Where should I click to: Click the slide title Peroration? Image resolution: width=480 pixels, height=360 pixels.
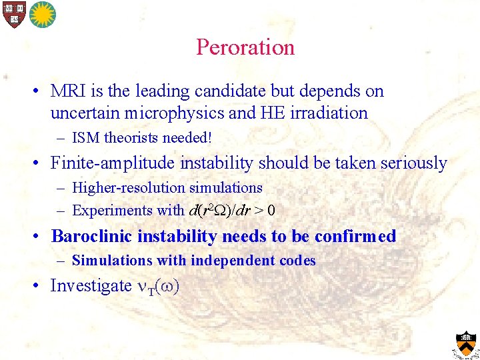[x=245, y=47]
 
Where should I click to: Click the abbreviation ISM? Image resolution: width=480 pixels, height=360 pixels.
[x=86, y=138]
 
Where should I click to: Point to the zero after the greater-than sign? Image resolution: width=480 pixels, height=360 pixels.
[x=271, y=211]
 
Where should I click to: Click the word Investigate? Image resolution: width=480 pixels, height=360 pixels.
[x=91, y=285]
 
